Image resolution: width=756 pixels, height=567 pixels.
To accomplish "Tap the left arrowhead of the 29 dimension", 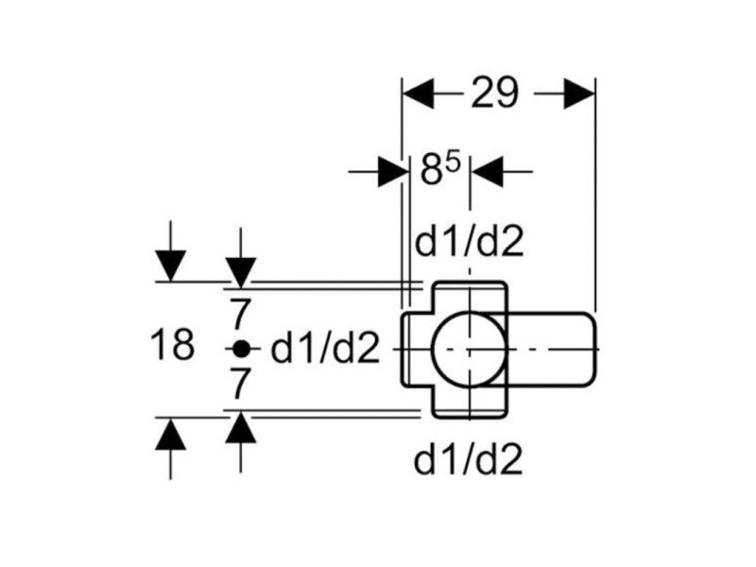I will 418,94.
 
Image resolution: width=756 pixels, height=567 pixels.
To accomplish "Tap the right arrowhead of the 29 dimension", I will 578,94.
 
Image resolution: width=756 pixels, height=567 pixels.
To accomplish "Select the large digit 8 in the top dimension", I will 432,174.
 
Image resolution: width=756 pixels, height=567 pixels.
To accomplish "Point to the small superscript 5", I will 453,163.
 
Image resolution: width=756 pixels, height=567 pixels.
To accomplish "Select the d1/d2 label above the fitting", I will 470,243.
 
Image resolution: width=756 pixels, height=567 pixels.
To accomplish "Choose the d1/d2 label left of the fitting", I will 324,350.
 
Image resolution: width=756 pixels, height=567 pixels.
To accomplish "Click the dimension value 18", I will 172,346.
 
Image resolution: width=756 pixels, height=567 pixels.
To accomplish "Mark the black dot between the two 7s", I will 241,349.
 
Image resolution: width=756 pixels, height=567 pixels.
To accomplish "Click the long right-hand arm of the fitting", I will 553,350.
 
